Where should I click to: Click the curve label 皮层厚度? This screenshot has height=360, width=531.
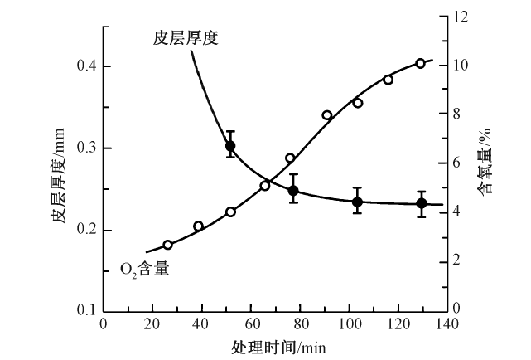point(185,37)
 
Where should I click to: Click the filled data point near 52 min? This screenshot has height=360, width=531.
point(230,146)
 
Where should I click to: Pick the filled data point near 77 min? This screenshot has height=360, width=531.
point(293,191)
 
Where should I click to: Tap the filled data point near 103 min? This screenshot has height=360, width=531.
point(358,202)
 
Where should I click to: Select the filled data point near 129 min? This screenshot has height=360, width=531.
point(422,203)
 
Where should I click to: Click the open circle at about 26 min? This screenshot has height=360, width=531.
point(167,245)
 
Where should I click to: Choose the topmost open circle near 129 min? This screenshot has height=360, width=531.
point(420,63)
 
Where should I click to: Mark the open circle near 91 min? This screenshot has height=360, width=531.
point(327,115)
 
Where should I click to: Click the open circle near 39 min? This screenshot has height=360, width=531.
point(199,226)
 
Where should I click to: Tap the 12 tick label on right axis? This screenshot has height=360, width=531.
point(462,17)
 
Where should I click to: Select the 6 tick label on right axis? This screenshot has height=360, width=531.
point(459,163)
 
